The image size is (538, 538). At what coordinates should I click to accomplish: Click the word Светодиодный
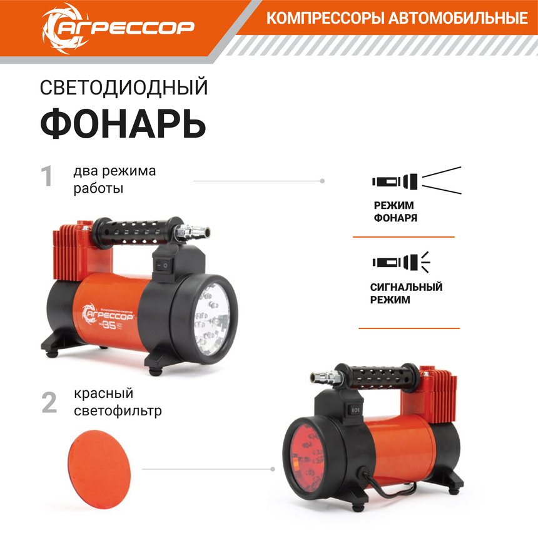tap(123, 88)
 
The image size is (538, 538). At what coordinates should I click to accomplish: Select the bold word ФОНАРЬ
tap(123, 123)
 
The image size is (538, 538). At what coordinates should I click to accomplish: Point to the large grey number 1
tap(47, 176)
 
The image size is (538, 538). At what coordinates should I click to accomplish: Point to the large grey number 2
tap(49, 402)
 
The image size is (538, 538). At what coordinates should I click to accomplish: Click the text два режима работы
tap(114, 180)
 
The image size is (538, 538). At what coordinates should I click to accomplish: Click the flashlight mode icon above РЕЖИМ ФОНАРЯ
tap(415, 181)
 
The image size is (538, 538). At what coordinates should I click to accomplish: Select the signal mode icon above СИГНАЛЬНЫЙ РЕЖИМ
tap(401, 261)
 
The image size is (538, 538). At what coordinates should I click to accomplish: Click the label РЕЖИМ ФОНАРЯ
tap(395, 211)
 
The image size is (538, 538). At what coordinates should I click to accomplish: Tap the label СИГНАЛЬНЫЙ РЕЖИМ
tap(406, 293)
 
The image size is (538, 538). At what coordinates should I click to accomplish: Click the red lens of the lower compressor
tap(308, 453)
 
